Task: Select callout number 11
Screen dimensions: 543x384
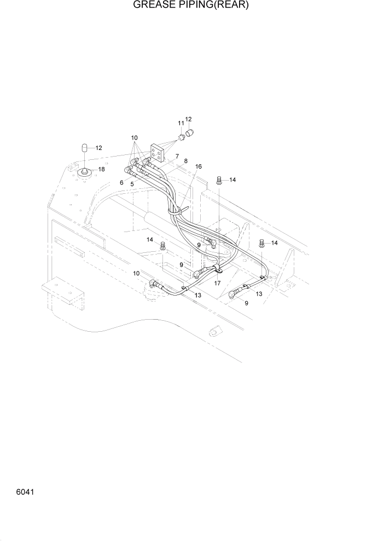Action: coord(181,124)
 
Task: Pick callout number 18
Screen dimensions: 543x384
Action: coord(101,169)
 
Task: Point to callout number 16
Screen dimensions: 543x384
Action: coord(198,166)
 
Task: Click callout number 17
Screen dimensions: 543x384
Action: coord(217,283)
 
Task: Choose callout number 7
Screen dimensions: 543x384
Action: coord(177,157)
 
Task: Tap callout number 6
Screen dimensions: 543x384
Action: coord(121,183)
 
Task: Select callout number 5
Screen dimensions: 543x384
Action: coord(132,184)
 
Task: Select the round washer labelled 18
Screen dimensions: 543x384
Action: coord(85,173)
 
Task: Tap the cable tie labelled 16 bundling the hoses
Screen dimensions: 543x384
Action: coord(179,210)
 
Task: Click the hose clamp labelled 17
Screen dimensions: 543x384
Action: coord(217,269)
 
